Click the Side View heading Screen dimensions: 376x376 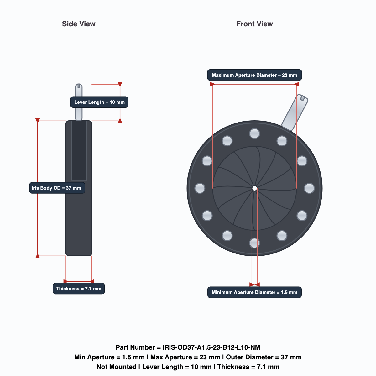pos(79,24)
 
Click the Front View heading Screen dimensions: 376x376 pos(254,24)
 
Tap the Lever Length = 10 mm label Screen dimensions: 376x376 pos(99,102)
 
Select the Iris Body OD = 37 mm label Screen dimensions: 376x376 pos(57,188)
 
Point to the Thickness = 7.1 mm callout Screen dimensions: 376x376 pos(79,289)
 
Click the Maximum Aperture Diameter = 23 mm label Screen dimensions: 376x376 pos(254,75)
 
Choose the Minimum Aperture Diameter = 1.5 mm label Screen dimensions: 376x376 pos(254,292)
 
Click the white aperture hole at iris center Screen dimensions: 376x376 pos(254,188)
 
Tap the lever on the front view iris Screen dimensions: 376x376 pos(295,112)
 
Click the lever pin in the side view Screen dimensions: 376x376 pos(79,102)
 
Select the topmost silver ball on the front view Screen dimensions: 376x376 pos(254,134)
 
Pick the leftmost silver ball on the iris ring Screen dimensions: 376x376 pos(200,188)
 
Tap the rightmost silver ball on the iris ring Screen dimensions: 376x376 pos(309,188)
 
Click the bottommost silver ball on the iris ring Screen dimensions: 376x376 pos(254,243)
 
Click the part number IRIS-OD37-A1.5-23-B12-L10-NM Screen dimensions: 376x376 pos(211,347)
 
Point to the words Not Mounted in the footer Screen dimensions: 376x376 pos(116,367)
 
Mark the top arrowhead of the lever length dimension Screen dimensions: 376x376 pos(120,84)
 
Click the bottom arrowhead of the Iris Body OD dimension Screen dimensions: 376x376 pos(38,256)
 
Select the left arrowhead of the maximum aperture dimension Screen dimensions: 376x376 pos(212,84)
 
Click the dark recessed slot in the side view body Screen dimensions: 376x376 pos(79,150)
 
